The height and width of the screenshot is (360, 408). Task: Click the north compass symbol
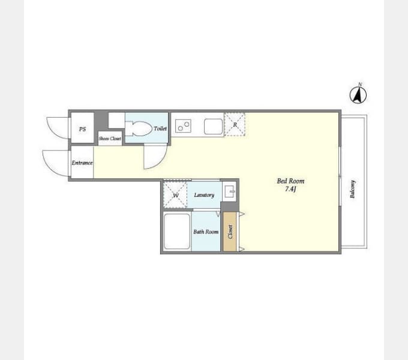coord(358,94)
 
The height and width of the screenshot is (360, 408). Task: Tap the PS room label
coord(82,129)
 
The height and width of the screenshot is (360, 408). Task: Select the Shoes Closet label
coord(110,139)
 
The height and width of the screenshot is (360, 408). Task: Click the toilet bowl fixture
coord(139,128)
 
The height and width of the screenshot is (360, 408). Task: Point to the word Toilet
coord(160,128)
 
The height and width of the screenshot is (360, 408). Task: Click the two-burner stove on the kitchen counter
coord(183,126)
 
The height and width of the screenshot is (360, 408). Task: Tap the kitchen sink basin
coord(214,127)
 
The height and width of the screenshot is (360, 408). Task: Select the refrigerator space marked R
coord(235,124)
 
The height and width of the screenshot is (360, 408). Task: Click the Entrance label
coord(82,163)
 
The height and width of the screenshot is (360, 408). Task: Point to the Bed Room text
coord(290,181)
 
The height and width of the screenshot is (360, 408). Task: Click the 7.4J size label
coord(290,189)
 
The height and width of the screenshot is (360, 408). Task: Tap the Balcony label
coord(353,189)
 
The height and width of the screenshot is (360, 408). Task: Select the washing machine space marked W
coord(175,195)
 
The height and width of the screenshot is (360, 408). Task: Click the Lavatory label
coord(204,195)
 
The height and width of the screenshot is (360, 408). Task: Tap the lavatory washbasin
coord(229,192)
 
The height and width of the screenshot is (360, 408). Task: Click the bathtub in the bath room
coord(177,231)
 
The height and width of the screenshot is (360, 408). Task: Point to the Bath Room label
coord(206,232)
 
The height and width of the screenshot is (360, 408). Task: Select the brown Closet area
coord(230,232)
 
